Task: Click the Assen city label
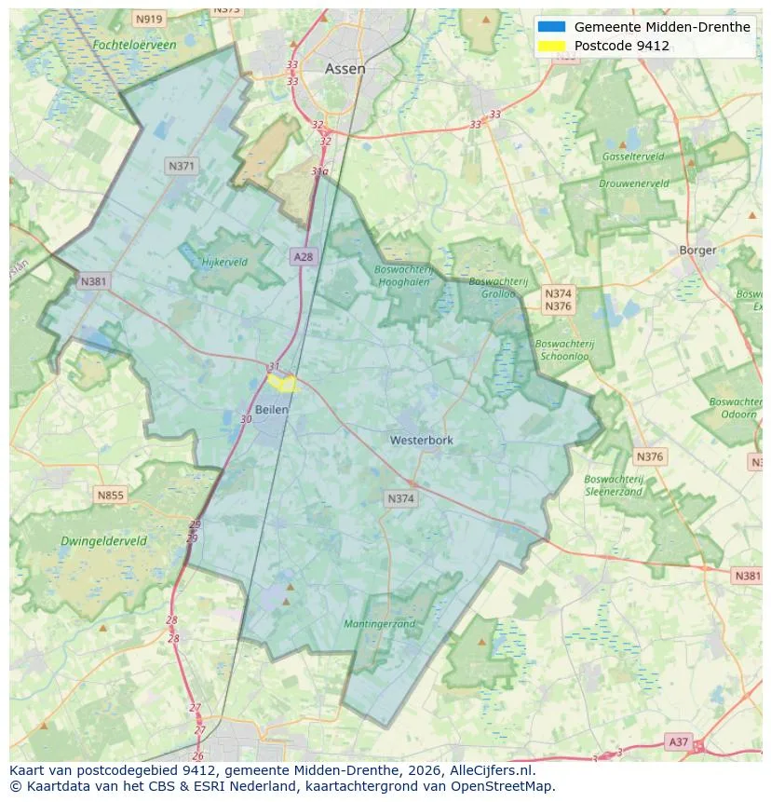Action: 345,69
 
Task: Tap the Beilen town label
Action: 271,410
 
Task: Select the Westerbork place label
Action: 422,440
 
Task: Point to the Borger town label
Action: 697,250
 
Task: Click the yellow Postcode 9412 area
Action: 282,382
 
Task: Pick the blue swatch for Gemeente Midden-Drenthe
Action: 551,27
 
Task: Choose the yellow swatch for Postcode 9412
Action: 551,46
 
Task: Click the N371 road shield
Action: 181,166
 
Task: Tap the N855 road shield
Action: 110,495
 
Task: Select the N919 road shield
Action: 148,19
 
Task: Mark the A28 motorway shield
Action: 303,256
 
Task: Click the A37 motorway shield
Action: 679,741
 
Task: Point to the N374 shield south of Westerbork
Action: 401,499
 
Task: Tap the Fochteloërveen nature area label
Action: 134,45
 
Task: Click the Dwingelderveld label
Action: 103,540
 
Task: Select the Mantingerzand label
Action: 379,623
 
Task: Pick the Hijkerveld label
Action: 224,262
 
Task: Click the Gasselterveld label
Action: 632,156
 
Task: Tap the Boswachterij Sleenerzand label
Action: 614,484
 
